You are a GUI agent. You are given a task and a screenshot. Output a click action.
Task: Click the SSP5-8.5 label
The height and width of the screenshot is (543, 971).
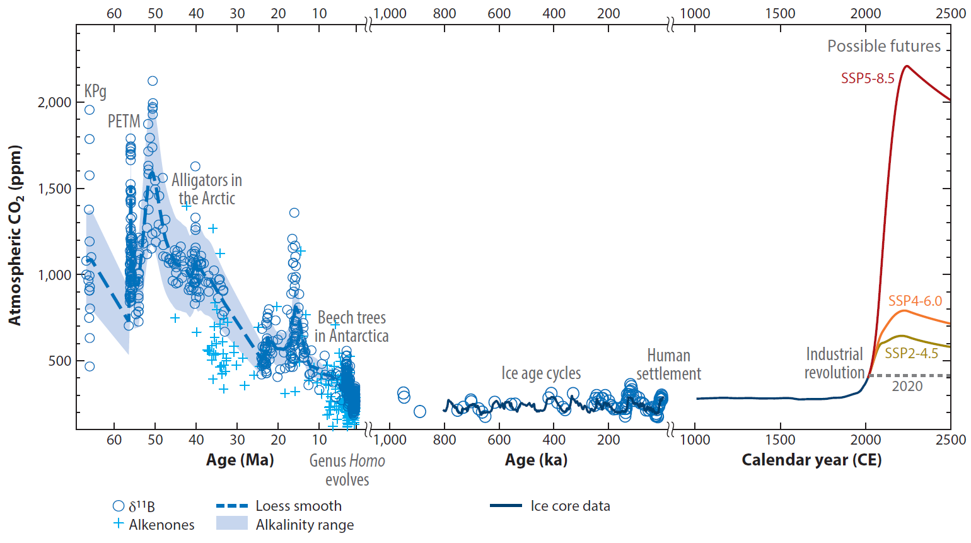point(868,79)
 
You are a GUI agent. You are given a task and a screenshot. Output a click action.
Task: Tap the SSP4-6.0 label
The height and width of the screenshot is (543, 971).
point(915,301)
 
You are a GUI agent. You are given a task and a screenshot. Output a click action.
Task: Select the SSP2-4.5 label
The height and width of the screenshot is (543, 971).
point(911,353)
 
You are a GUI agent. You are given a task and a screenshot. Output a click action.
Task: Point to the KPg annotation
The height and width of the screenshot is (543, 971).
point(95,91)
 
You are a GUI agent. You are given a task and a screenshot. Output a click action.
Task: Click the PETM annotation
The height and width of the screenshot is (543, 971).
point(124,121)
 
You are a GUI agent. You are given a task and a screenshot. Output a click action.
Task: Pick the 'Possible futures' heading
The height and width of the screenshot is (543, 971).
point(883,46)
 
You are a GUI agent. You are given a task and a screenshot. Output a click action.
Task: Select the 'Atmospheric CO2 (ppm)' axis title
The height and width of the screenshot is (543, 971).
point(15,235)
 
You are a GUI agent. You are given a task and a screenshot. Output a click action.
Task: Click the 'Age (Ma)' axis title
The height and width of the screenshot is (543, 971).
point(240,460)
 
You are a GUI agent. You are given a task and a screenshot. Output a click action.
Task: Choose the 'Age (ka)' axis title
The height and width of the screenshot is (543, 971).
point(536,460)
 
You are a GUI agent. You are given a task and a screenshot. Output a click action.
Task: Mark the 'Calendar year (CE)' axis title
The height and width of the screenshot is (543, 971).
point(811,460)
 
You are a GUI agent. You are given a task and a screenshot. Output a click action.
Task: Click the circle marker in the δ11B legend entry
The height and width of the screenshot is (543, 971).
point(118,506)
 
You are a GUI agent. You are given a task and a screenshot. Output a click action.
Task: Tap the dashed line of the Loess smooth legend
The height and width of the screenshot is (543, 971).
point(231,506)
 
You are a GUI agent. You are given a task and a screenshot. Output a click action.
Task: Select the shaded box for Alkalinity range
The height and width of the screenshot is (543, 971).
point(231,523)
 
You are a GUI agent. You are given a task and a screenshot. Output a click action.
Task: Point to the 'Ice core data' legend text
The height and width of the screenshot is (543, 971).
point(570,506)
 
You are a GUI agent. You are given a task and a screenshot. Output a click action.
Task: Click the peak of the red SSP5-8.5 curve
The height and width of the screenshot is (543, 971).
point(907,66)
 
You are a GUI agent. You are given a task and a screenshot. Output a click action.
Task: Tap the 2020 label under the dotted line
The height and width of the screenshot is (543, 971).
point(907,386)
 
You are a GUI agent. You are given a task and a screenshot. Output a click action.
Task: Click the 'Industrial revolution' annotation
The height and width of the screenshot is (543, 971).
point(834,363)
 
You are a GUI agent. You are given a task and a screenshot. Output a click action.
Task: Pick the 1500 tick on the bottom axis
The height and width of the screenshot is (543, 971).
point(781,440)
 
